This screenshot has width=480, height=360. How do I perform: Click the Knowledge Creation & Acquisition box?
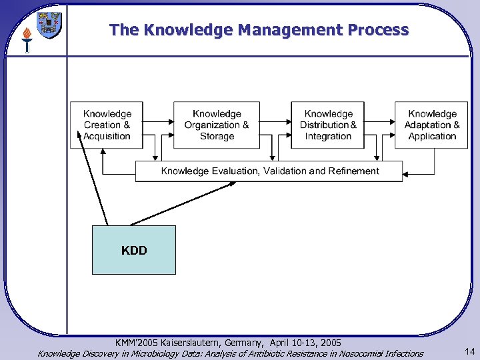[107, 125]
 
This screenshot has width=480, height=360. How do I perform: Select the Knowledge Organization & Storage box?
[217, 125]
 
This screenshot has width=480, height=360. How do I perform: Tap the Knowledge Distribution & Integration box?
[328, 125]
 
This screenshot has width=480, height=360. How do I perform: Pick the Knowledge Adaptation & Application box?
[431, 125]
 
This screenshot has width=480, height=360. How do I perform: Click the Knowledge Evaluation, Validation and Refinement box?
[269, 171]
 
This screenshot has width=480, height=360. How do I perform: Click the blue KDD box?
[134, 250]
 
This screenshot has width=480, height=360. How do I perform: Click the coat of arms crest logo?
[49, 25]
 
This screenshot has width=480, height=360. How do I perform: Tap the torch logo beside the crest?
[27, 39]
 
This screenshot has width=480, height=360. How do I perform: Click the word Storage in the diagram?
[217, 137]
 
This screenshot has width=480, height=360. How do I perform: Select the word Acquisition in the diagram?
[107, 137]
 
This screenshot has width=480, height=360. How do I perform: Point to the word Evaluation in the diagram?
[235, 171]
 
